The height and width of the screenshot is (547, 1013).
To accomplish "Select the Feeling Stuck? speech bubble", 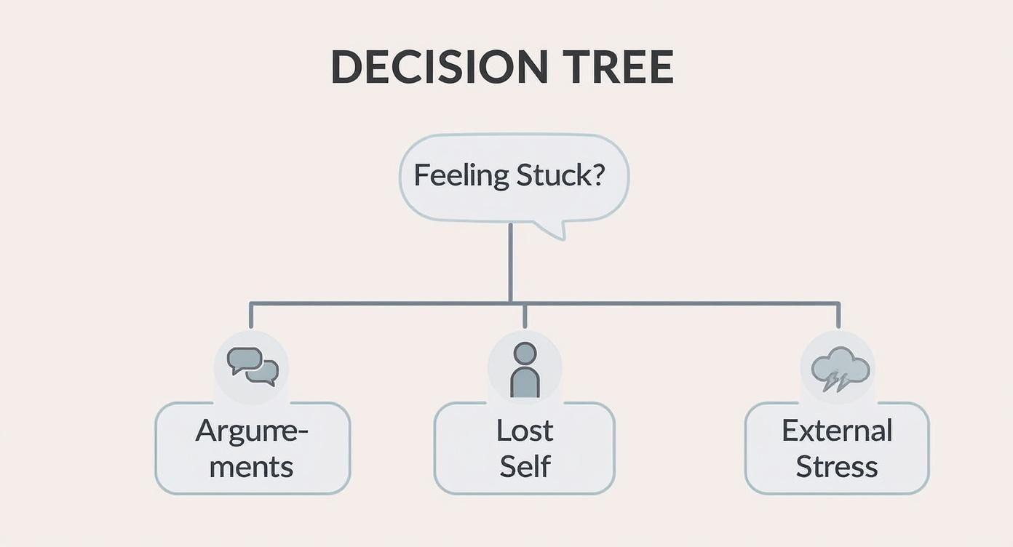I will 514,177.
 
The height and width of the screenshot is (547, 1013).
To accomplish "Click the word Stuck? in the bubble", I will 560,176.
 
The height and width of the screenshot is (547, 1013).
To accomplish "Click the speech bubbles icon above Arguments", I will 252,366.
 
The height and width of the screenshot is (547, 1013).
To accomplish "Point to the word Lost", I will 525,431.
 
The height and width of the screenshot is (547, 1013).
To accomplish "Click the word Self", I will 525,466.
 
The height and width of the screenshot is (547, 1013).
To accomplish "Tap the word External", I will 837,431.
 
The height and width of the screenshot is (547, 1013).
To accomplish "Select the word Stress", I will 837,466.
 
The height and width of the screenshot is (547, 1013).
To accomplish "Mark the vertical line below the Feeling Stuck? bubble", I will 510,262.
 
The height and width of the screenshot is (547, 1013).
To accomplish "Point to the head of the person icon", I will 525,353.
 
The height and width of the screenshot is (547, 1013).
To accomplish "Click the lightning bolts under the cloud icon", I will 835,382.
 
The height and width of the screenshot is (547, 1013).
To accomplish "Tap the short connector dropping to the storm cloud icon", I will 838,315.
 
